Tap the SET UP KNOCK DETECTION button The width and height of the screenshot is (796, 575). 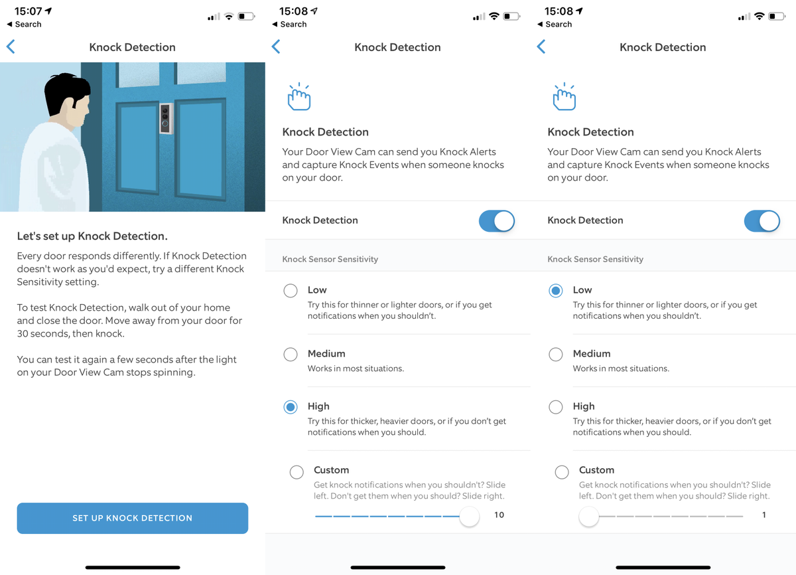point(133,518)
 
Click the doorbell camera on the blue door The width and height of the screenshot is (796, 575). point(166,118)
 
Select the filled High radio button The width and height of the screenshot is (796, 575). point(291,407)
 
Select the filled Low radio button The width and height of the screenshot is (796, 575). point(555,291)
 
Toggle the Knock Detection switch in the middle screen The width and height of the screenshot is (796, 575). point(496,221)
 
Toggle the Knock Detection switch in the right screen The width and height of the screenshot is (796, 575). point(762,221)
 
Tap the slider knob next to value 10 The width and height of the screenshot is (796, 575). point(469,517)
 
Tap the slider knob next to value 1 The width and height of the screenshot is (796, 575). point(589,517)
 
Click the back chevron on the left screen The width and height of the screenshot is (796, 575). point(11,46)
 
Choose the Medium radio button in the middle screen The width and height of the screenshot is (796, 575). point(291,354)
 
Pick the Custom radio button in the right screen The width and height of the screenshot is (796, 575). point(562,472)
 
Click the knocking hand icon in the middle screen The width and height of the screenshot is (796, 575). point(299,97)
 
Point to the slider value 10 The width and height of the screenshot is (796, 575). point(499,515)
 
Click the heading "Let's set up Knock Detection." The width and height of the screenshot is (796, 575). point(92,236)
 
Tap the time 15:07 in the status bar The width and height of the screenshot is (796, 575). point(28,11)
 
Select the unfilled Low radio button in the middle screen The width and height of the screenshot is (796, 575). point(291,291)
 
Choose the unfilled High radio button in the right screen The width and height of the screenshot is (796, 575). point(555,407)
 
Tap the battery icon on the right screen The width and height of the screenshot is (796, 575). point(777,17)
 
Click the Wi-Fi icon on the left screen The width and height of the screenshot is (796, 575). point(229,17)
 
